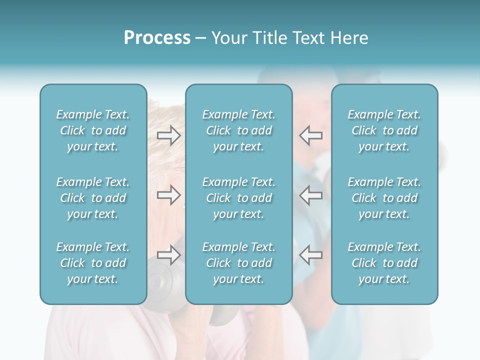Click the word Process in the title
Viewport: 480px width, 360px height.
click(x=157, y=38)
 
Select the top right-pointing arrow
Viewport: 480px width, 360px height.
click(x=168, y=135)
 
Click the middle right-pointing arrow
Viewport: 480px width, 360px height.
click(x=168, y=195)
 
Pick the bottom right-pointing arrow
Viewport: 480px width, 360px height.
click(x=168, y=255)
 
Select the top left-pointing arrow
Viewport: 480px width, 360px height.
click(x=310, y=135)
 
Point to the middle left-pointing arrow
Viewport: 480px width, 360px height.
click(x=310, y=195)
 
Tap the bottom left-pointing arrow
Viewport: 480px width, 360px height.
click(x=310, y=255)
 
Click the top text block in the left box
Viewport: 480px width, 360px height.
click(x=93, y=130)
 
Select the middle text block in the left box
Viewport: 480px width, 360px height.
click(x=93, y=198)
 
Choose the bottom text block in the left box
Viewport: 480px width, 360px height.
click(x=93, y=263)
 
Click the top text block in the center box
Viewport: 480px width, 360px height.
click(x=238, y=130)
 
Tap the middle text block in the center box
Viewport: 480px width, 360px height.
click(x=238, y=198)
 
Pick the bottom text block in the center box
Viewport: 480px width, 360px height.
click(x=238, y=263)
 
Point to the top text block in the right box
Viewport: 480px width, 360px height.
click(x=384, y=130)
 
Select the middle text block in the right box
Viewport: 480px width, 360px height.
click(x=384, y=198)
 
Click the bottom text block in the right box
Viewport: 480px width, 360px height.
click(x=384, y=263)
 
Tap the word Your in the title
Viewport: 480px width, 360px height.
click(x=227, y=38)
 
